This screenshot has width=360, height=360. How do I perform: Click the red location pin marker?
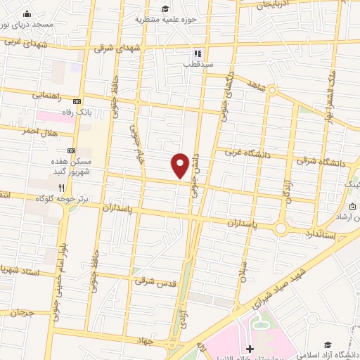click(x=180, y=165)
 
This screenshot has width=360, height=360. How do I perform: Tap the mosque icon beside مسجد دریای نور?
click(x=27, y=14)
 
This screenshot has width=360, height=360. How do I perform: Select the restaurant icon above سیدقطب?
click(x=198, y=53)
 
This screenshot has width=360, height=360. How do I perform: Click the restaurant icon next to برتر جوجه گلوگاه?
click(x=62, y=188)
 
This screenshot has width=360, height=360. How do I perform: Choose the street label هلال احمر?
click(x=38, y=131)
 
